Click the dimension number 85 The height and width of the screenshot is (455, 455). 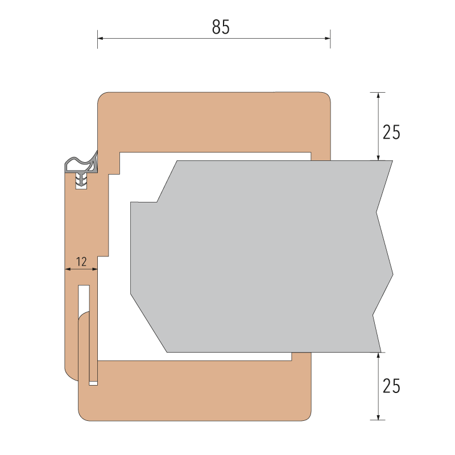[221, 27]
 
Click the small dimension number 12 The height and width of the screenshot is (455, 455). [81, 262]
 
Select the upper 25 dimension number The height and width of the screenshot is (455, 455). [391, 133]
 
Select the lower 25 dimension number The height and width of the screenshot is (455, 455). [391, 386]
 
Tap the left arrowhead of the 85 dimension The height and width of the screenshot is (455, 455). [100, 38]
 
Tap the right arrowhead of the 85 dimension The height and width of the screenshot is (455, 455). [328, 38]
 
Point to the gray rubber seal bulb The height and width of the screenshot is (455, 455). [81, 164]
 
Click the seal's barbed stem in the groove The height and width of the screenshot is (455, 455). [81, 180]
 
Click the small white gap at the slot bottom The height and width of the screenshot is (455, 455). [93, 383]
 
